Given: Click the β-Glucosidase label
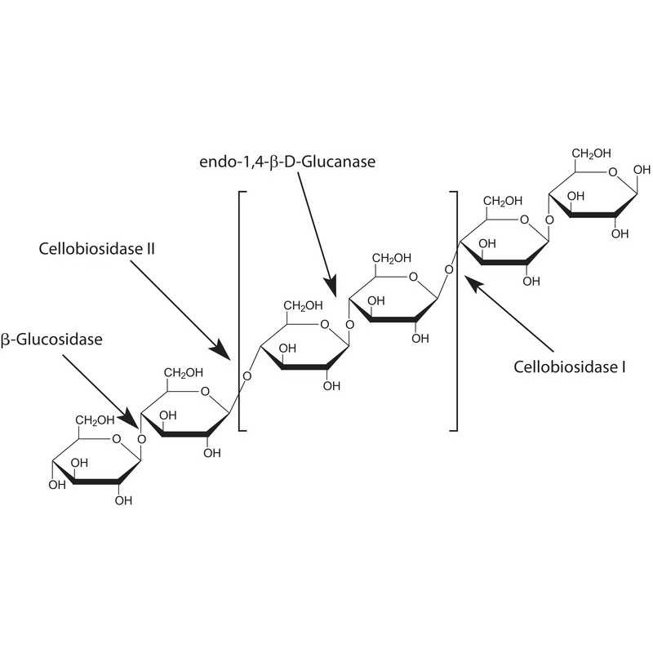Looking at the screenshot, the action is click(x=51, y=340).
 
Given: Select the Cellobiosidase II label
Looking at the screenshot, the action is click(x=96, y=249).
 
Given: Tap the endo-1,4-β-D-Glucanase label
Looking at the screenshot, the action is click(x=287, y=162).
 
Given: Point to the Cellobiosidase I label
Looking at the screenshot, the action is click(x=569, y=366).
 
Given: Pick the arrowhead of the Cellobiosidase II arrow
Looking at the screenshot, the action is click(x=221, y=351).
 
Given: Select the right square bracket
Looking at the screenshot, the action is click(x=456, y=311).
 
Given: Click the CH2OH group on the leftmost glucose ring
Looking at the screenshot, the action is click(x=95, y=420).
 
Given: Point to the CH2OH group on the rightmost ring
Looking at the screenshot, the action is click(x=591, y=153).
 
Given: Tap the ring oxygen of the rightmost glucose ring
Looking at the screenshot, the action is click(x=613, y=172).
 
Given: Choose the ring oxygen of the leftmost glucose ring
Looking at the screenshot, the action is click(x=116, y=438).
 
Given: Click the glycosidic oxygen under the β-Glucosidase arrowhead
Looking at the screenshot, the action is click(x=141, y=439).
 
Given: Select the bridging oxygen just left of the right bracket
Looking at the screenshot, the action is click(x=448, y=269).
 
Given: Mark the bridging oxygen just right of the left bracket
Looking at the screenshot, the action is click(x=247, y=376).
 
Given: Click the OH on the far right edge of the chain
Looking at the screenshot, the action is click(x=642, y=170).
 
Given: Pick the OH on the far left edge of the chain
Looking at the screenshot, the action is click(x=57, y=485).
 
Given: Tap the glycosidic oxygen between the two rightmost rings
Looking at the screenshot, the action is click(x=549, y=220).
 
